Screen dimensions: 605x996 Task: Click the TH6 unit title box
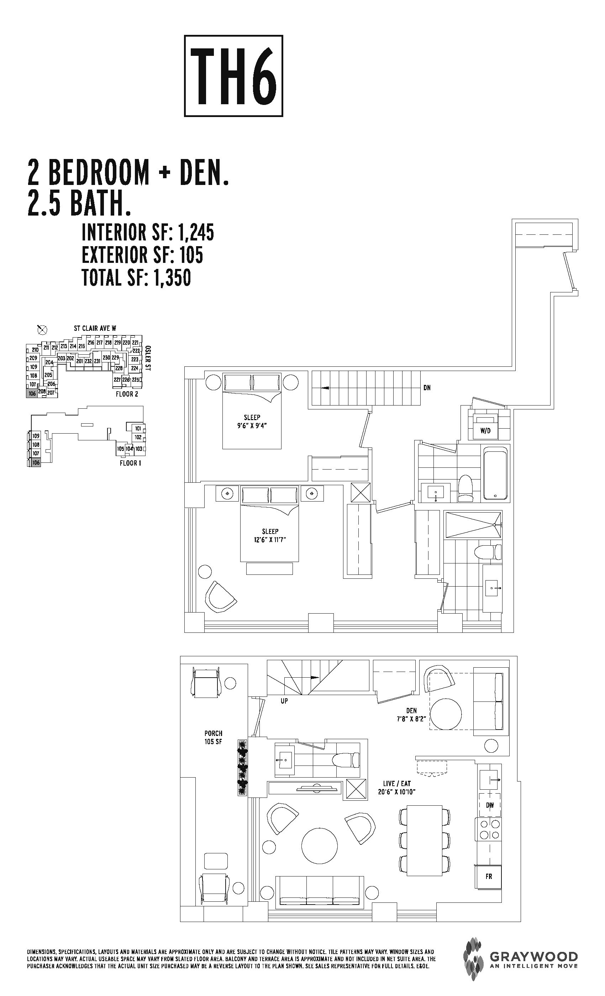pyautogui.click(x=233, y=76)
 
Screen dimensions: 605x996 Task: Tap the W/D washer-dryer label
pyautogui.click(x=485, y=431)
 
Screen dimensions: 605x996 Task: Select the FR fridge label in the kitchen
pyautogui.click(x=489, y=877)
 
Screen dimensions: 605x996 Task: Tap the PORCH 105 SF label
pyautogui.click(x=213, y=737)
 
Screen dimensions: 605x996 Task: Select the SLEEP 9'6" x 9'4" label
pyautogui.click(x=252, y=421)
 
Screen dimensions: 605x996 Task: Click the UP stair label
pyautogui.click(x=284, y=701)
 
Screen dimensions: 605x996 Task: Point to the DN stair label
pyautogui.click(x=427, y=388)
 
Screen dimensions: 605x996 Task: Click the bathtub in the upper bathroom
pyautogui.click(x=495, y=473)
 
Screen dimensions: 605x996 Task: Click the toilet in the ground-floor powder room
pyautogui.click(x=347, y=759)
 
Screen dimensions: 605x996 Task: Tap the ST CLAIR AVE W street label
pyautogui.click(x=95, y=328)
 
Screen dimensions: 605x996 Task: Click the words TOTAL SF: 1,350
pyautogui.click(x=136, y=278)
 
